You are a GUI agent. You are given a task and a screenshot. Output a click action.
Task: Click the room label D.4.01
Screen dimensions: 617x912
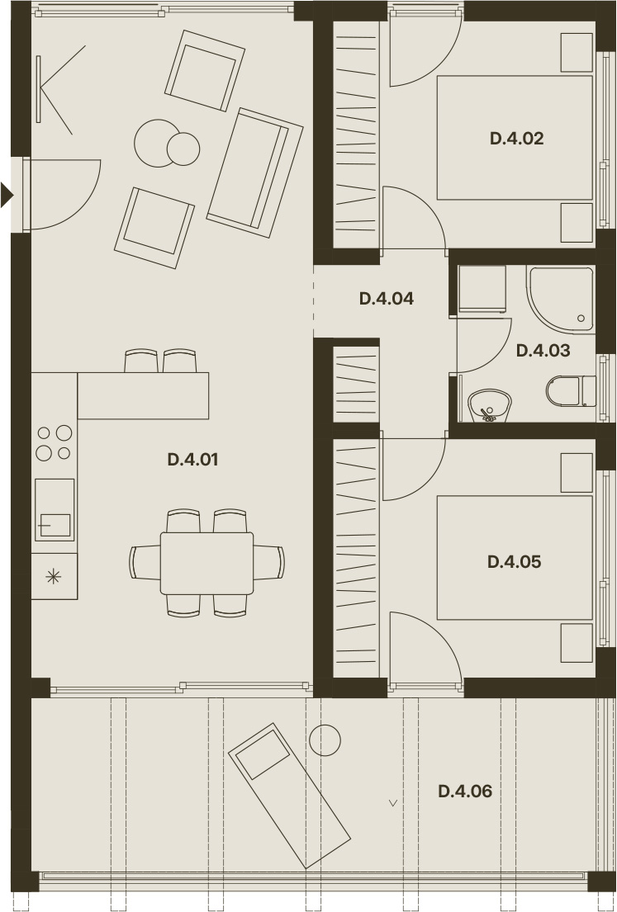pos(192,460)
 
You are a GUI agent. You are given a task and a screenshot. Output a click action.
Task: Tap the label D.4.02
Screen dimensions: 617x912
pos(517,139)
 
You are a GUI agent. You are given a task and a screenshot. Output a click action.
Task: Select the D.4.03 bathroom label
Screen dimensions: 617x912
pos(543,351)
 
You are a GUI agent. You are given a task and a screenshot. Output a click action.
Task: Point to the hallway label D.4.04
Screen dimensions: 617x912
pos(387,299)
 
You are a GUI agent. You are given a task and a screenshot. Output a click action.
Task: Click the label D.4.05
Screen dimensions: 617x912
pos(515,562)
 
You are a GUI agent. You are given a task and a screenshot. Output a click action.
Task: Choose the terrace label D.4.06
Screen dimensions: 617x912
pos(465,792)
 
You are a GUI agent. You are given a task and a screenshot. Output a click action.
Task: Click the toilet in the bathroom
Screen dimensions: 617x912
pos(571,391)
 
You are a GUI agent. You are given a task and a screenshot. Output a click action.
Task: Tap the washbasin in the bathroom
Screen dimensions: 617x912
pos(490,405)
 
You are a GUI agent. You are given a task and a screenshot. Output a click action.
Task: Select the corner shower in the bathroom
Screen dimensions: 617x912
pos(561,299)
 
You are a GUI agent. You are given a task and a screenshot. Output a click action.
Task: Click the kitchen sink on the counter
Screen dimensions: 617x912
pos(55,509)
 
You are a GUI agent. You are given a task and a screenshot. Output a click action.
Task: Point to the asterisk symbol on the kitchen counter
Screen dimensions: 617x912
pos(54,576)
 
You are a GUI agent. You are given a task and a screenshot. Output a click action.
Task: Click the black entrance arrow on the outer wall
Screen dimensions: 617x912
pos(7,195)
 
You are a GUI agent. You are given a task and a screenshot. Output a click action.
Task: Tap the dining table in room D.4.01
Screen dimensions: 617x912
pos(206,563)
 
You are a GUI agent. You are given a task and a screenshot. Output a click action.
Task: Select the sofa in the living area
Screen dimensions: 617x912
pos(255,172)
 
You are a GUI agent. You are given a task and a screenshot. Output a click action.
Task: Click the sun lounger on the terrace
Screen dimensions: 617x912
pos(289,796)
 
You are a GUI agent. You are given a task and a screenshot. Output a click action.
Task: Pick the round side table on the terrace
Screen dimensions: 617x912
pos(325,740)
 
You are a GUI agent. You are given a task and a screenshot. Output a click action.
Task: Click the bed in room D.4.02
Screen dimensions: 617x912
pos(515,138)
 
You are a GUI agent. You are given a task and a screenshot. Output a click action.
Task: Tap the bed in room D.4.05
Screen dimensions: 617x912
pos(515,558)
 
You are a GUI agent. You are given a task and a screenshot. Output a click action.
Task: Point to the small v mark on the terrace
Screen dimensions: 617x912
pos(393,803)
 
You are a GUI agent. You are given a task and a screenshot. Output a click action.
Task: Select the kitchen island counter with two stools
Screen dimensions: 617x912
pos(143,395)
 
